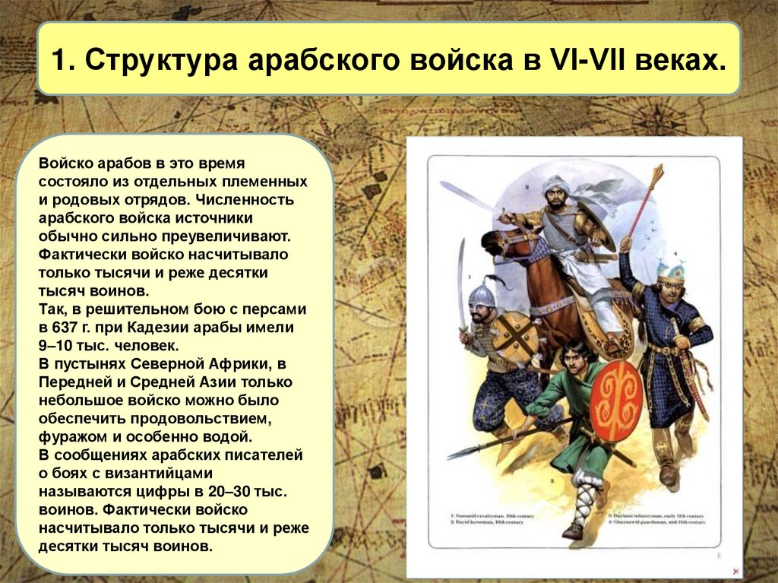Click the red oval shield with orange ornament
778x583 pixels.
point(616,401)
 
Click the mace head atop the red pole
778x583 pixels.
point(656,177)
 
